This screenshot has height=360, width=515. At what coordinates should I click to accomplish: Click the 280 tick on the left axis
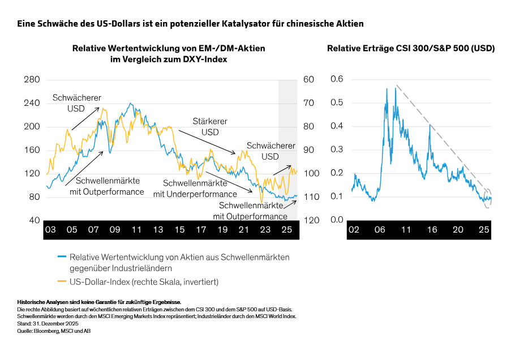tap(32, 80)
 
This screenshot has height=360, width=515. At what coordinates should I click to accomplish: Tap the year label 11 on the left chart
tap(136, 230)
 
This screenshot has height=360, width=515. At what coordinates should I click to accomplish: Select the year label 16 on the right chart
tap(432, 230)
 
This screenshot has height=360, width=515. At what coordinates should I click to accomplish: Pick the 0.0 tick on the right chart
tap(337, 220)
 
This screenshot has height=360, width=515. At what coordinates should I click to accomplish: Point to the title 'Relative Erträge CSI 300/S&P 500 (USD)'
tap(411, 49)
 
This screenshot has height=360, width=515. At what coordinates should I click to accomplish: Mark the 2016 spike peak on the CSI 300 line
tap(430, 125)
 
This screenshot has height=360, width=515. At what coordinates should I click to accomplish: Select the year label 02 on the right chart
tap(354, 230)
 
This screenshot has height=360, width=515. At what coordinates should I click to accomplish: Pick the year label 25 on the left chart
tap(287, 230)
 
